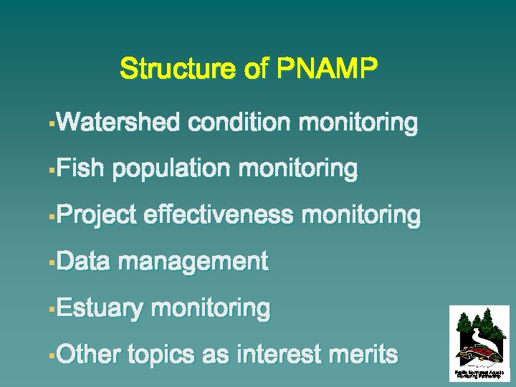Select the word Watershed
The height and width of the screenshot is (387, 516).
(x=118, y=123)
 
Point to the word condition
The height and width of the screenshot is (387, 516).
(x=239, y=123)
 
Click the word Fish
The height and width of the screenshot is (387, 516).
(x=80, y=169)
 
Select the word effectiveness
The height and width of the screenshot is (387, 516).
(x=219, y=215)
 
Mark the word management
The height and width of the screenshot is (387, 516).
(x=193, y=262)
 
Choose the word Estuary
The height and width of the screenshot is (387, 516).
(x=100, y=309)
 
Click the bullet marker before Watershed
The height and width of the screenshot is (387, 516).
(x=51, y=125)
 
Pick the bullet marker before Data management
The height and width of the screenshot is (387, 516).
(x=51, y=264)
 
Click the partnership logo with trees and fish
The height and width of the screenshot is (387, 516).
(x=479, y=341)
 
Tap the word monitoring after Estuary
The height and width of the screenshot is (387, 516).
(x=211, y=309)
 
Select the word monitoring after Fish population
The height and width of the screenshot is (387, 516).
(x=297, y=169)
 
